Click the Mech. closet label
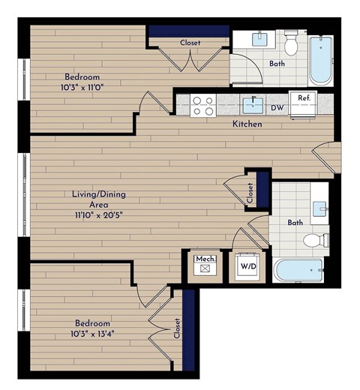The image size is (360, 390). tap(205, 259)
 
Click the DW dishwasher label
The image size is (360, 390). tap(277, 108)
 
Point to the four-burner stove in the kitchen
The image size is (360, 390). tap(201, 105)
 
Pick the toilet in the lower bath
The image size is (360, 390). tap(316, 241)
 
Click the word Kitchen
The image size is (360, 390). tap(247, 124)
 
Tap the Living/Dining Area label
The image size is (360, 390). tap(98, 199)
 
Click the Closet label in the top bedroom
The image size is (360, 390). tap(190, 43)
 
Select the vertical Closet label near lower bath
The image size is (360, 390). tap(250, 193)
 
